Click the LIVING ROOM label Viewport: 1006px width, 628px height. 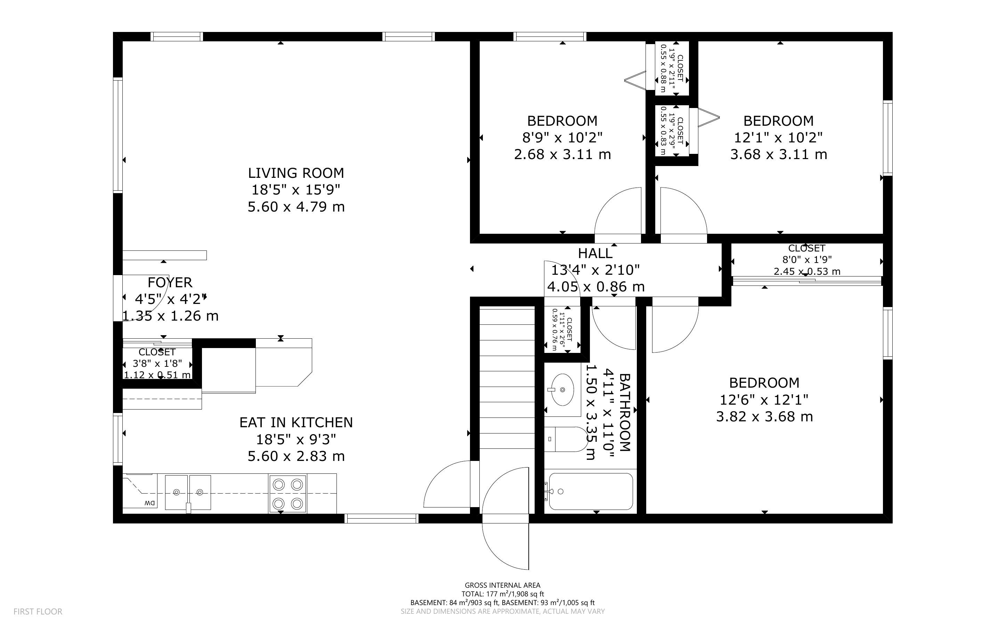[296, 173]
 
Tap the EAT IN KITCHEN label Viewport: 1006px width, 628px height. [296, 422]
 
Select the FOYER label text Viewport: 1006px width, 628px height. [170, 282]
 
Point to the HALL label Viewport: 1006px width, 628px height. [595, 253]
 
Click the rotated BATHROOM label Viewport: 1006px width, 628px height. [625, 412]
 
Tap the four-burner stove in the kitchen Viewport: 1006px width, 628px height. [287, 494]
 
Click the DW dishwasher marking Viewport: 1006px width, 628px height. [149, 503]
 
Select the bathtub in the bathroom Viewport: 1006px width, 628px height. [591, 491]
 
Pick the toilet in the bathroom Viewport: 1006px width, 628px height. [566, 439]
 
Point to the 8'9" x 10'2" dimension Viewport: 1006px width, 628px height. [562, 138]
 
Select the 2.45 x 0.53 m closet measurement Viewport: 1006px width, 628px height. [806, 272]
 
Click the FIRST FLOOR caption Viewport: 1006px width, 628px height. [38, 611]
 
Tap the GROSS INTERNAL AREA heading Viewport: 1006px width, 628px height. [502, 586]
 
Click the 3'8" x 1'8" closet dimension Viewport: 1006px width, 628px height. [157, 364]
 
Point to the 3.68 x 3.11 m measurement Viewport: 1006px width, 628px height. [779, 155]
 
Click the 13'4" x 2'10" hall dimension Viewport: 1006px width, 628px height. [595, 270]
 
